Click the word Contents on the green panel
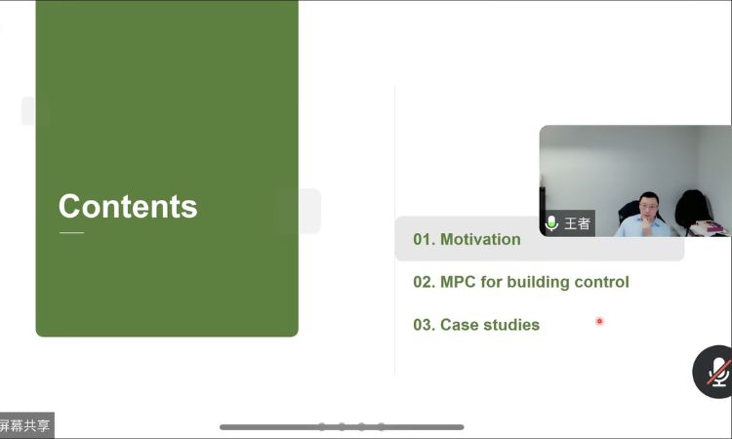[128, 206]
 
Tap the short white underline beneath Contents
[72, 232]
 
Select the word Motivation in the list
[480, 239]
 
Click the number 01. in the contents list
[424, 239]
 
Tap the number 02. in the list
[424, 282]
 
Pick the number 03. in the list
[424, 325]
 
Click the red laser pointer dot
[599, 321]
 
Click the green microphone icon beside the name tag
[551, 223]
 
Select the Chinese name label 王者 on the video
[578, 223]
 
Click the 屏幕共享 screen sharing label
[24, 425]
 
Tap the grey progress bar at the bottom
[342, 427]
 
